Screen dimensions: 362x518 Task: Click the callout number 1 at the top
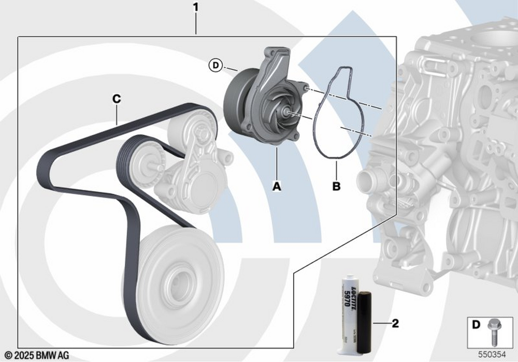[x=195, y=8]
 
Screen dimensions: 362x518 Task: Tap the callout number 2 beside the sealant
[x=395, y=324]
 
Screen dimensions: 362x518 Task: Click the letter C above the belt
[x=117, y=98]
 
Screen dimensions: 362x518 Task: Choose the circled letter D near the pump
[x=215, y=65]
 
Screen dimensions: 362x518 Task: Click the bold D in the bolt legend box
[x=477, y=325]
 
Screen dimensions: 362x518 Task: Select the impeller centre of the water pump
[x=286, y=111]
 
